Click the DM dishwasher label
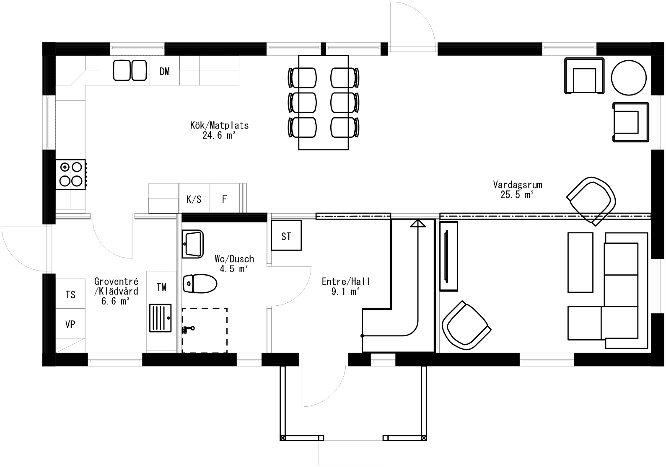click(165, 72)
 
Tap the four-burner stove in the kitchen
click(70, 174)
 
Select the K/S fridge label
click(194, 199)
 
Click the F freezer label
click(224, 199)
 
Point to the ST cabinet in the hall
click(286, 236)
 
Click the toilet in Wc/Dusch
click(200, 283)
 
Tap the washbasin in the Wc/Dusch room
click(192, 243)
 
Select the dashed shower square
click(205, 330)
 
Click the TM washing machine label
click(161, 287)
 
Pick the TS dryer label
click(70, 294)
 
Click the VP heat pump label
click(70, 324)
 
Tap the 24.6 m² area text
click(218, 135)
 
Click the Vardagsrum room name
click(517, 185)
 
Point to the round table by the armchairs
click(628, 78)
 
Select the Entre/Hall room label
click(346, 282)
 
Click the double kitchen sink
click(130, 71)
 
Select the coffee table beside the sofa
click(580, 262)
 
